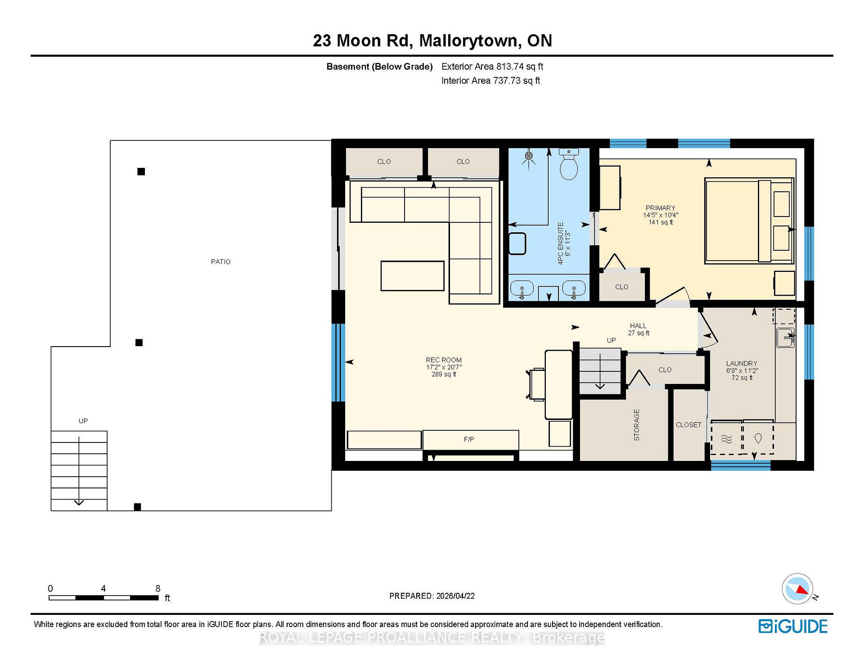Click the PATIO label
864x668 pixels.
pyautogui.click(x=220, y=262)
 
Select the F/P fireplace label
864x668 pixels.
pyautogui.click(x=469, y=439)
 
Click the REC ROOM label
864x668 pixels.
pyautogui.click(x=444, y=360)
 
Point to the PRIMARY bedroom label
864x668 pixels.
pyautogui.click(x=660, y=208)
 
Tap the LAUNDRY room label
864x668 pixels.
pyautogui.click(x=742, y=363)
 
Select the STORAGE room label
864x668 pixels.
pyautogui.click(x=636, y=425)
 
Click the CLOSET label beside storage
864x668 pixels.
pyautogui.click(x=688, y=424)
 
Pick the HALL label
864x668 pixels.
pyautogui.click(x=638, y=325)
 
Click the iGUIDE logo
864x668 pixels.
pyautogui.click(x=793, y=626)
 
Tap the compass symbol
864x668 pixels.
pyautogui.click(x=798, y=588)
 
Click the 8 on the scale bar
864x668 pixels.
pyautogui.click(x=158, y=588)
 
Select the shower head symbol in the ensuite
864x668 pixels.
pyautogui.click(x=529, y=156)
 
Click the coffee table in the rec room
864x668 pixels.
pyautogui.click(x=412, y=276)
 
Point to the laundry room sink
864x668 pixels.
pyautogui.click(x=785, y=337)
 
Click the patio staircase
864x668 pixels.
pyautogui.click(x=79, y=471)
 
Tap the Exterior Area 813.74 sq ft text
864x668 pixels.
pyautogui.click(x=492, y=67)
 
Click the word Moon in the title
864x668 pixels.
pyautogui.click(x=358, y=41)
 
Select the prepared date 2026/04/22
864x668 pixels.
pyautogui.click(x=455, y=596)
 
